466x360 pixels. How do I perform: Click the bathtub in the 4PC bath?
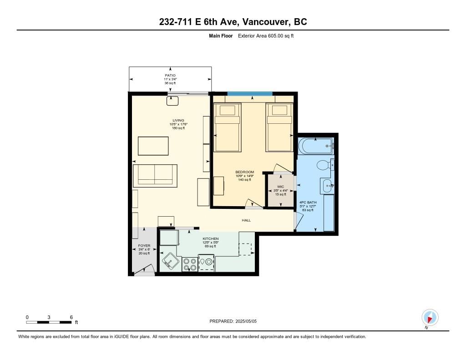tap(316, 146)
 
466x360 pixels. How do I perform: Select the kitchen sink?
tap(170, 262)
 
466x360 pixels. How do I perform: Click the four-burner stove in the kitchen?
tap(190, 264)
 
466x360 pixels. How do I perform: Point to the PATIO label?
tap(170, 76)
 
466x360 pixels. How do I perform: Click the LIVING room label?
tap(178, 121)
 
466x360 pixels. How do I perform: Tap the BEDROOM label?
tap(244, 172)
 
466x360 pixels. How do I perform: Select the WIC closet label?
tap(280, 187)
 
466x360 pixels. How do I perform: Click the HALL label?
tap(246, 220)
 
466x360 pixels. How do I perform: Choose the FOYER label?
tap(144, 246)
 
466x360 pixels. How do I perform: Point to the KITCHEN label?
tap(211, 239)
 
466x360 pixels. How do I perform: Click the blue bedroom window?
tap(250, 94)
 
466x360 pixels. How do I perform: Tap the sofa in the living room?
tap(155, 176)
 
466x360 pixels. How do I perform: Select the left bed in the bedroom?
tap(228, 127)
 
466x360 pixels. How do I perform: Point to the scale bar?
tap(49, 322)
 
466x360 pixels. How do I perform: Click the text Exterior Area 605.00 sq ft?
tap(266, 36)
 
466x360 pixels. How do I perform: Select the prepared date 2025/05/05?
tap(246, 321)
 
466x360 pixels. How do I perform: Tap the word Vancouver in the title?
tap(265, 22)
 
